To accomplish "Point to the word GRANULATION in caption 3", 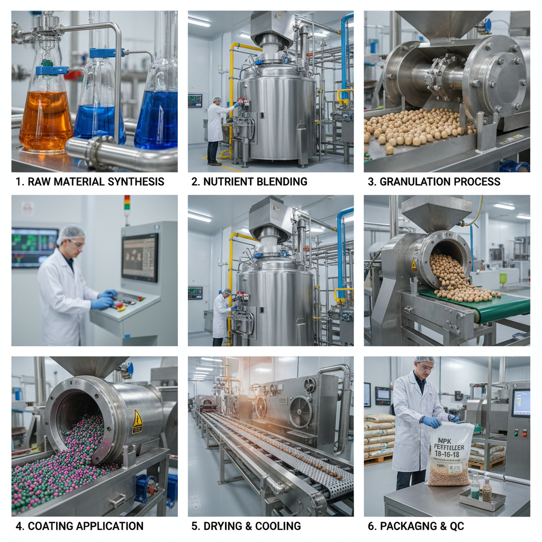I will (406, 182).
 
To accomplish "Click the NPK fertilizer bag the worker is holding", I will (450, 453).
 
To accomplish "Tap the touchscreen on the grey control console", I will (140, 257).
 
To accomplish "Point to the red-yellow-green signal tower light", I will (127, 203).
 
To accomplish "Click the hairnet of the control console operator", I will (70, 233).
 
